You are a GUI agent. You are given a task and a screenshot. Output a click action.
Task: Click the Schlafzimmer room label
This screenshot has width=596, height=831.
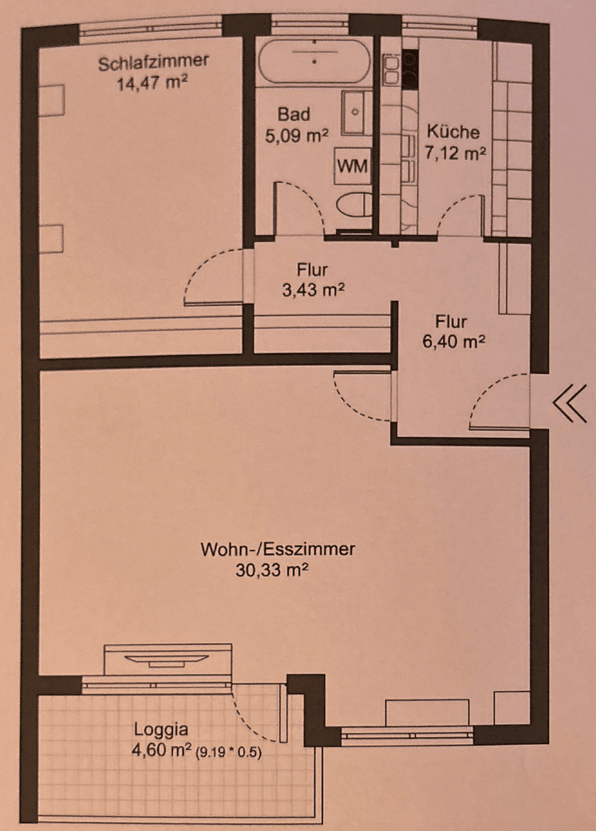pos(153,62)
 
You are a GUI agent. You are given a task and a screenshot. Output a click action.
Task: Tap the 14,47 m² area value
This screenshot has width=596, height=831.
pos(153,82)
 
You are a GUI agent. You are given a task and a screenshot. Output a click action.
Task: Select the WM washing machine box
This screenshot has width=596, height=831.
pos(351,165)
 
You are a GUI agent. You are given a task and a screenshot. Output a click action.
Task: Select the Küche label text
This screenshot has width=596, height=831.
pos(454,132)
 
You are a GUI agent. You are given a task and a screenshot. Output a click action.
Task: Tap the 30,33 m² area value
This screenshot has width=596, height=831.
pos(277,570)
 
